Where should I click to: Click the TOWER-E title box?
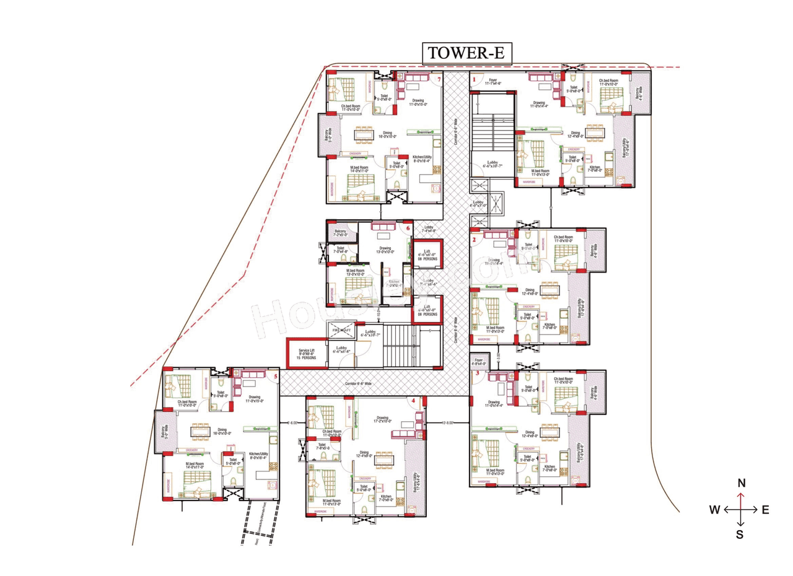point(467,53)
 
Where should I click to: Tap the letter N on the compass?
point(741,483)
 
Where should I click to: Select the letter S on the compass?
point(740,535)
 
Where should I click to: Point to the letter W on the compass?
point(714,510)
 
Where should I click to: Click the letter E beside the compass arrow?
point(765,510)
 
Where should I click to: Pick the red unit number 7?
point(439,79)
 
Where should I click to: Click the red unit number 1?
point(474,79)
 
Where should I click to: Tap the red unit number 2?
point(474,239)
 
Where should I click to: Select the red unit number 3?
point(476,373)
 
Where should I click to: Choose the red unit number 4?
point(413,401)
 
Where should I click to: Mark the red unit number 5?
point(276,375)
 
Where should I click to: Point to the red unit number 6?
point(408,227)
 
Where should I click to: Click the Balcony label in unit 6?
point(341,233)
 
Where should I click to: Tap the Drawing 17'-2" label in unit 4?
point(382,419)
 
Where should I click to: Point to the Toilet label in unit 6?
point(341,249)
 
